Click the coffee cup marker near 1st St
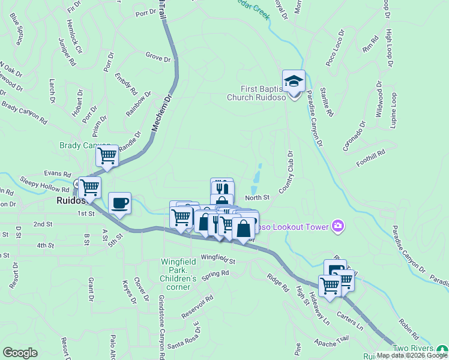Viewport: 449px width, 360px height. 120,202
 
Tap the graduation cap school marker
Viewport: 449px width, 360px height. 294,80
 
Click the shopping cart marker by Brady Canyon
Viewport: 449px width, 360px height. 107,156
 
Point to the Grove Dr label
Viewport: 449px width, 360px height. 158,59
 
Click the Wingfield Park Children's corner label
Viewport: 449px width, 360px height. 178,271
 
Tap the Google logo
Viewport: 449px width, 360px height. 20,353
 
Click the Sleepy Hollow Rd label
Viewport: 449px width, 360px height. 44,183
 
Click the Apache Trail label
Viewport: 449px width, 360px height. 331,341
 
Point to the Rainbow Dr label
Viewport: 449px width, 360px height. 139,104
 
